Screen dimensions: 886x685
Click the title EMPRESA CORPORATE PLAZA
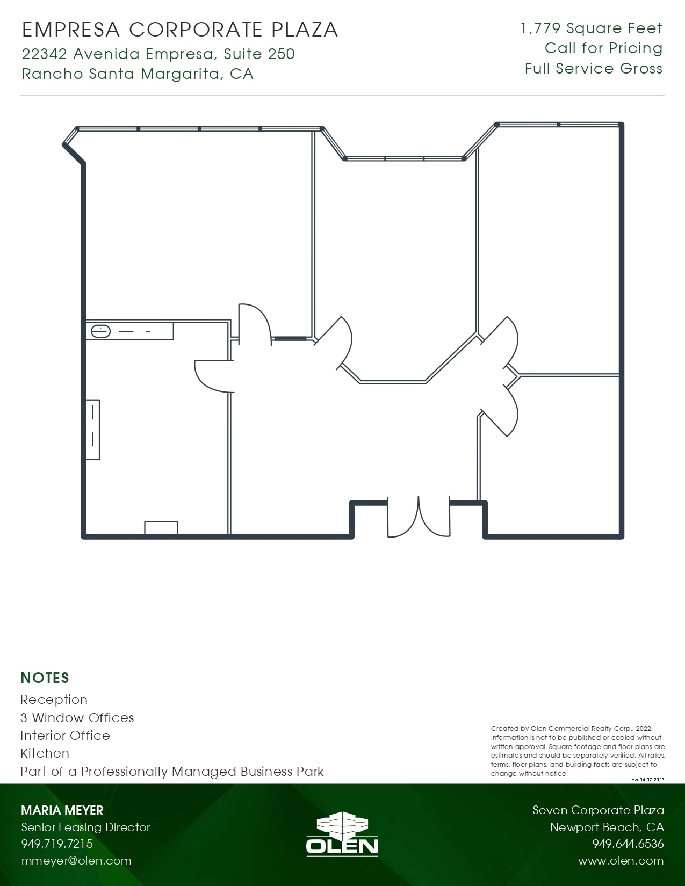pos(180,30)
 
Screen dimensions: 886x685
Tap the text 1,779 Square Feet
pos(591,28)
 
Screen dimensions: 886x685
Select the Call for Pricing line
pos(603,48)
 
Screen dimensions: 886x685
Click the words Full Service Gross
pos(593,69)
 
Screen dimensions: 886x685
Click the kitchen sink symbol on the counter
pos(101,331)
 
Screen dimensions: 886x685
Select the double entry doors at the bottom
pos(419,518)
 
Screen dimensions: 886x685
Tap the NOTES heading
pos(45,678)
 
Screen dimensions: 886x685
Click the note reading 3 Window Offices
pos(77,717)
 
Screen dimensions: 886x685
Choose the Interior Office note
pos(65,735)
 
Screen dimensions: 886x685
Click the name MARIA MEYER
pos(62,810)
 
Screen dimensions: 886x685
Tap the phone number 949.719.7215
pos(57,844)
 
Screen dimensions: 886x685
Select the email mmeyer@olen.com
pos(76,861)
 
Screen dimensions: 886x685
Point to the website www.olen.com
pos(621,861)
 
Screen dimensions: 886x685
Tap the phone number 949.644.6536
pos(628,844)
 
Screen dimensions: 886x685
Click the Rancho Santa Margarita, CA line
pos(138,74)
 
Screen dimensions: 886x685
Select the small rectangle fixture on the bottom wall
pos(161,527)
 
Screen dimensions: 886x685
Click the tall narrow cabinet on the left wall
pos(93,430)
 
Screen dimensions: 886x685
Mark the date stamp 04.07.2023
pos(651,780)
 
